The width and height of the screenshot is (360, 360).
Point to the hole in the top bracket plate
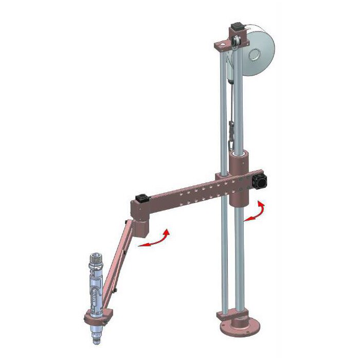coord(222,46)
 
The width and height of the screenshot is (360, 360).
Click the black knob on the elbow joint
coord(141,198)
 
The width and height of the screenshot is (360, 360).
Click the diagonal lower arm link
coord(116,263)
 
